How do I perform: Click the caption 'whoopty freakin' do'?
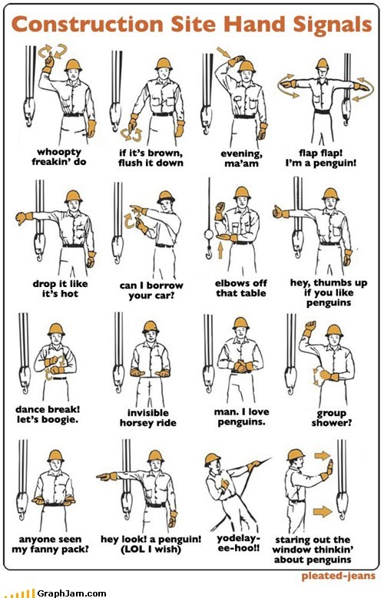[59, 157]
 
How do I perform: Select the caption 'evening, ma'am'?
[241, 159]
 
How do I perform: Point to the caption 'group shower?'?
[331, 418]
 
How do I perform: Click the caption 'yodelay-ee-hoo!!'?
[239, 543]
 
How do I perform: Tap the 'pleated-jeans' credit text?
[338, 576]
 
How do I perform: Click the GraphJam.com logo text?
[71, 593]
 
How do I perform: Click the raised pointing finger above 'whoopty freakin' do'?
[48, 61]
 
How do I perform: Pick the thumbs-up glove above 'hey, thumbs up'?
[280, 212]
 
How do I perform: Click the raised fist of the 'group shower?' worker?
[310, 326]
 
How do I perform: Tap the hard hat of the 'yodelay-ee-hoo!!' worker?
[212, 459]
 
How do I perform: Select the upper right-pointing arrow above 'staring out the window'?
[322, 455]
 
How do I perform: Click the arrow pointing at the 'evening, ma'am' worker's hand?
[223, 52]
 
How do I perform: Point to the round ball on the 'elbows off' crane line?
[208, 234]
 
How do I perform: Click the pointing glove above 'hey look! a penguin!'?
[107, 477]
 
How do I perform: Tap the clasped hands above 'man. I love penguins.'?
[241, 366]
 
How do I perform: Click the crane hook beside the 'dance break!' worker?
[25, 380]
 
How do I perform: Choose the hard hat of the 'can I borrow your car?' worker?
[166, 197]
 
